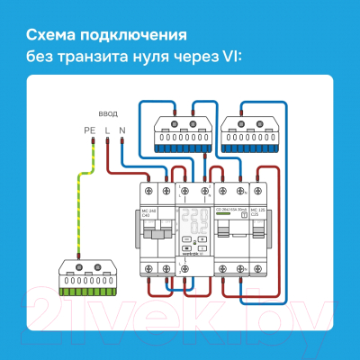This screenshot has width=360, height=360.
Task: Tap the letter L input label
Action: [107, 130]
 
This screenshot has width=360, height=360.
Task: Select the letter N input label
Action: [122, 130]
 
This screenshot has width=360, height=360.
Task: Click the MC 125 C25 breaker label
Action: [257, 212]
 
